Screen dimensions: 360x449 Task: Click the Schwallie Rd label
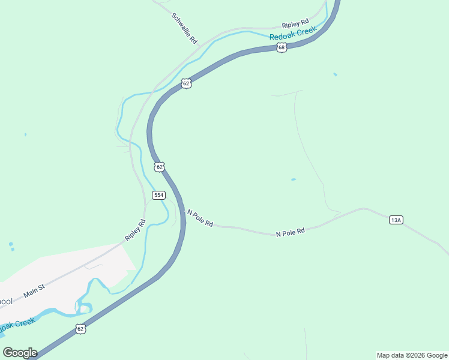(184, 29)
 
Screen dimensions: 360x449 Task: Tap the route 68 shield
(282, 47)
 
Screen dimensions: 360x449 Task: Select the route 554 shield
(158, 195)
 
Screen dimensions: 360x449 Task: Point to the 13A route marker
(396, 220)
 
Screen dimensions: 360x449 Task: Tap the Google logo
(20, 352)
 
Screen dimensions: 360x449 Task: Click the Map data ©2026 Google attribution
(412, 355)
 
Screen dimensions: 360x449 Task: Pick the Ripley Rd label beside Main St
(136, 230)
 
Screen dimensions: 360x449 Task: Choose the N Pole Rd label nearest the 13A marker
(291, 232)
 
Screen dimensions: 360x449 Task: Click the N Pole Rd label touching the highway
(200, 218)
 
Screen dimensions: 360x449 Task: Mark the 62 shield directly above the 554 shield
(158, 166)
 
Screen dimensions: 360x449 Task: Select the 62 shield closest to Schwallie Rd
(186, 83)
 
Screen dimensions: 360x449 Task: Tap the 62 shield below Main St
(80, 328)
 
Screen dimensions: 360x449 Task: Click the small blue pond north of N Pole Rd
(293, 179)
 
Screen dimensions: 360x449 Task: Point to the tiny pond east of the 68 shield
(335, 74)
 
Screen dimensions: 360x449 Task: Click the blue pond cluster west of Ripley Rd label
(11, 247)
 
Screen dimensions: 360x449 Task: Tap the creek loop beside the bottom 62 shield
(83, 309)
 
